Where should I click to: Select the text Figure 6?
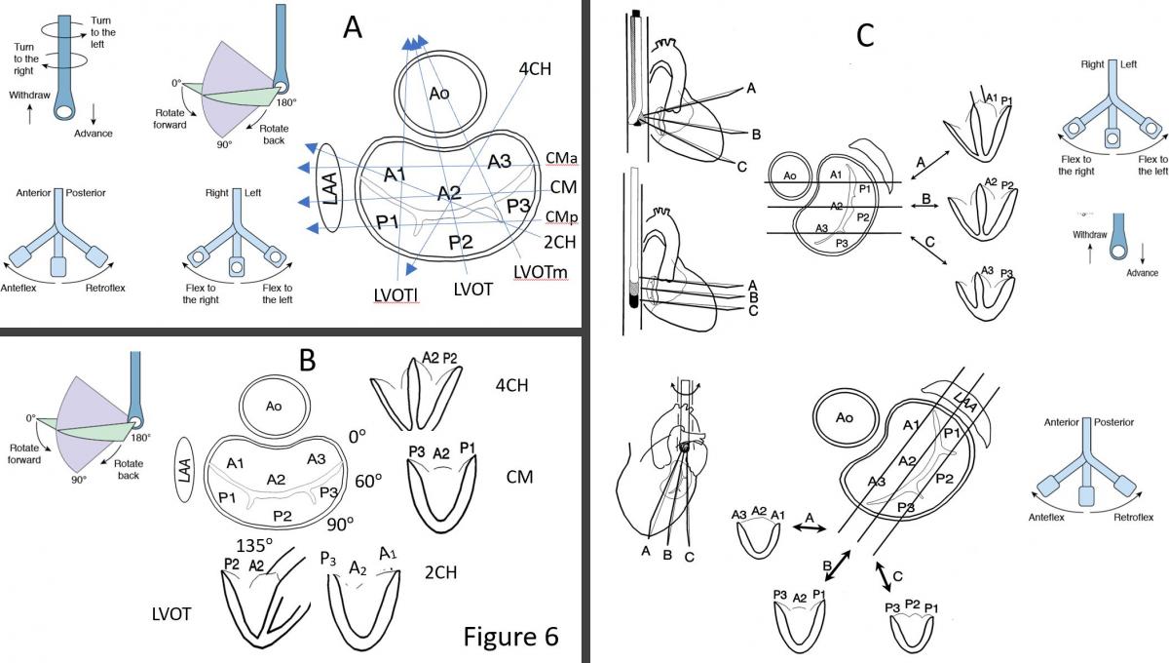click(510, 636)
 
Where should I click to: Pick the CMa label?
click(560, 158)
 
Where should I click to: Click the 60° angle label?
click(367, 481)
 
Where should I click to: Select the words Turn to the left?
click(101, 26)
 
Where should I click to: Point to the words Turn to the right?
click(26, 53)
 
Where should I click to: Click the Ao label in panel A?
click(440, 92)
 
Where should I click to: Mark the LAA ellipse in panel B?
click(188, 471)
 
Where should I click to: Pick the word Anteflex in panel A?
click(31, 288)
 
